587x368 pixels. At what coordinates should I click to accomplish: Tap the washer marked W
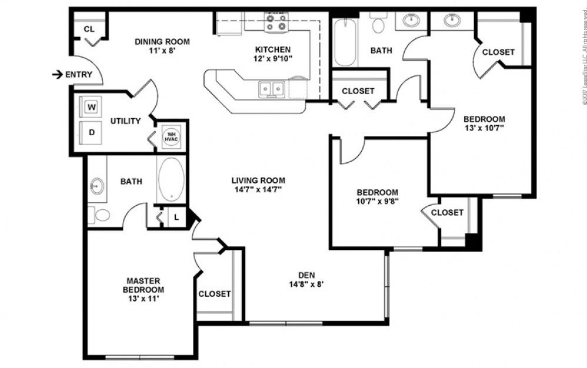[92, 107]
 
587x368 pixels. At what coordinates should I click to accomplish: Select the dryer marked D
[92, 132]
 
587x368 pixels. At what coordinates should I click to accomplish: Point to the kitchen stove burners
[275, 22]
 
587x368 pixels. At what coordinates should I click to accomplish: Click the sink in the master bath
[96, 187]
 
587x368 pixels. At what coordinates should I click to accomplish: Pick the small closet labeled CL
[89, 29]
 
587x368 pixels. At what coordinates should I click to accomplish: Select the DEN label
[306, 275]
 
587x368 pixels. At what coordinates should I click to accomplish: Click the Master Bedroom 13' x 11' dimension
[143, 299]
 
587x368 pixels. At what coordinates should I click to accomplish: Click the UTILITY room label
[126, 121]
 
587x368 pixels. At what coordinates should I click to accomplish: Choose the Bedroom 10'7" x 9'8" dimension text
[378, 202]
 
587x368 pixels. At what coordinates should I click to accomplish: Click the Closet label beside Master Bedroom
[215, 294]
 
